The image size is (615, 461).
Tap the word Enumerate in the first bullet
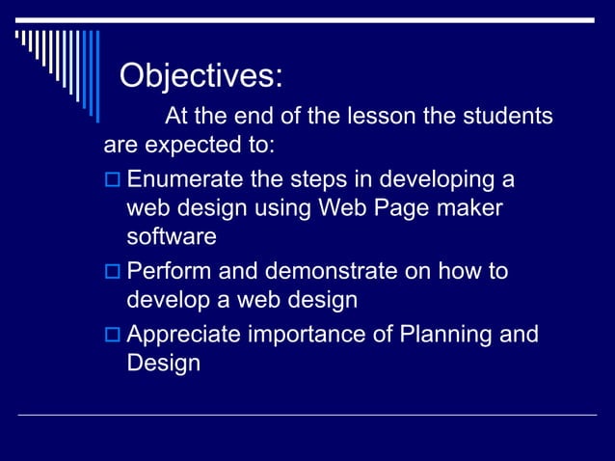pos(187,180)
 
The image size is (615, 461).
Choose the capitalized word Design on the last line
pos(163,365)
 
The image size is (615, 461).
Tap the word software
pos(171,236)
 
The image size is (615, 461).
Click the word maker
pos(468,208)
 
